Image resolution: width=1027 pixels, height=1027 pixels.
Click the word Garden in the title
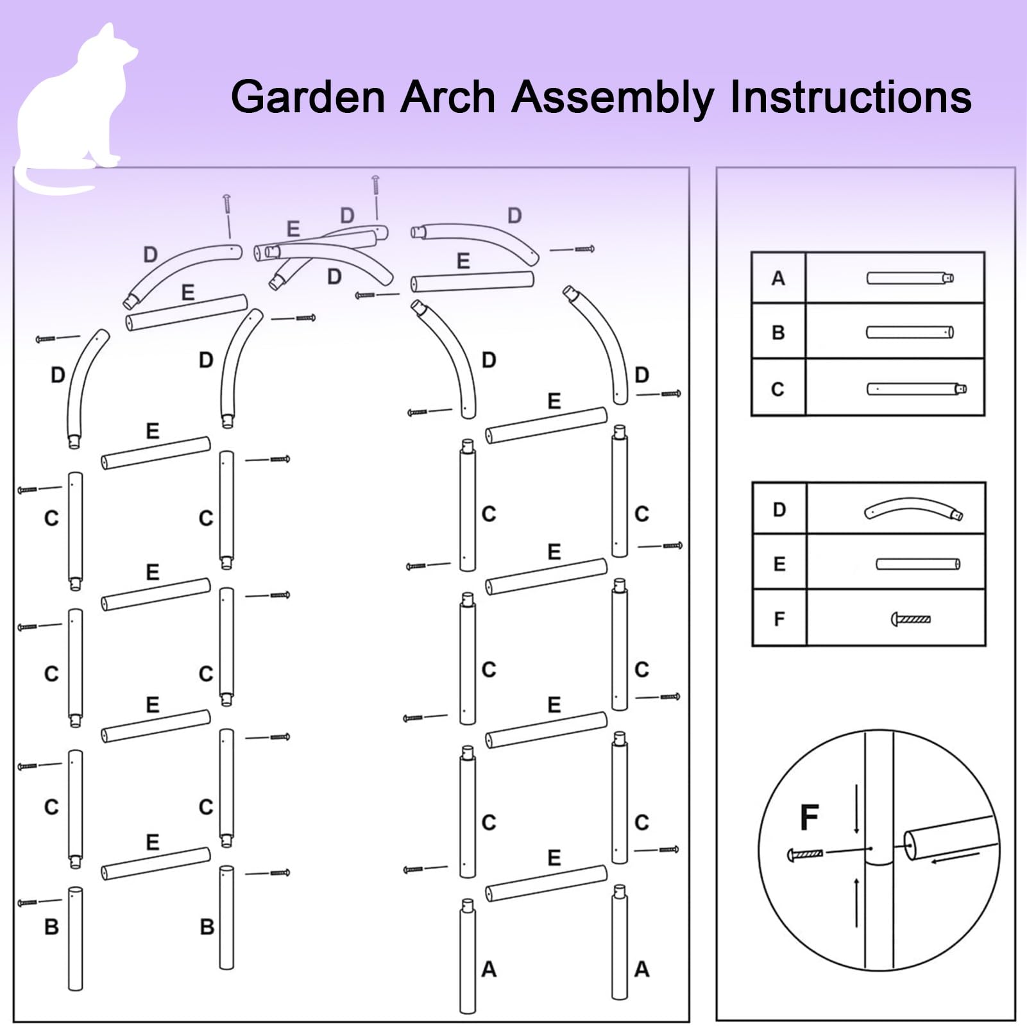(309, 98)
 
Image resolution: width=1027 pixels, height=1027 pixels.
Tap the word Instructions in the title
(851, 98)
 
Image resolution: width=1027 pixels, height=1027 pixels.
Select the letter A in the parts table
(778, 278)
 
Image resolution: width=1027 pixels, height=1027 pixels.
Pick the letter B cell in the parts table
(778, 332)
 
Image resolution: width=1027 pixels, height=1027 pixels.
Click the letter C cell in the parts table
(778, 389)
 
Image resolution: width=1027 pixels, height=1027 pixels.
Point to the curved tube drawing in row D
(913, 508)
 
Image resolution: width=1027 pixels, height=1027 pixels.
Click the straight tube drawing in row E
(918, 564)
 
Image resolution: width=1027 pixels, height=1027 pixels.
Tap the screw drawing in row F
(911, 619)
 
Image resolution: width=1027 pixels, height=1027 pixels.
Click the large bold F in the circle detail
(810, 817)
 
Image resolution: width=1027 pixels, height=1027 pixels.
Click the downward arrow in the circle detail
(856, 808)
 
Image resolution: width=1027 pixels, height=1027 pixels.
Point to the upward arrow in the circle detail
(856, 903)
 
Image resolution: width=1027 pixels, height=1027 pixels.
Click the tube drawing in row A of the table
(910, 278)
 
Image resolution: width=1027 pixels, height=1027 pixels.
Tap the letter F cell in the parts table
(779, 618)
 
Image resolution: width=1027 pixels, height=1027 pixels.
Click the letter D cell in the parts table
(779, 509)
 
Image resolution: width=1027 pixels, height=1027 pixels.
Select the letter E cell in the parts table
(779, 564)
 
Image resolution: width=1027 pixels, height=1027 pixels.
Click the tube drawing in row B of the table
(910, 332)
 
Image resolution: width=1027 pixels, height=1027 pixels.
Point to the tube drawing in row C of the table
(917, 389)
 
